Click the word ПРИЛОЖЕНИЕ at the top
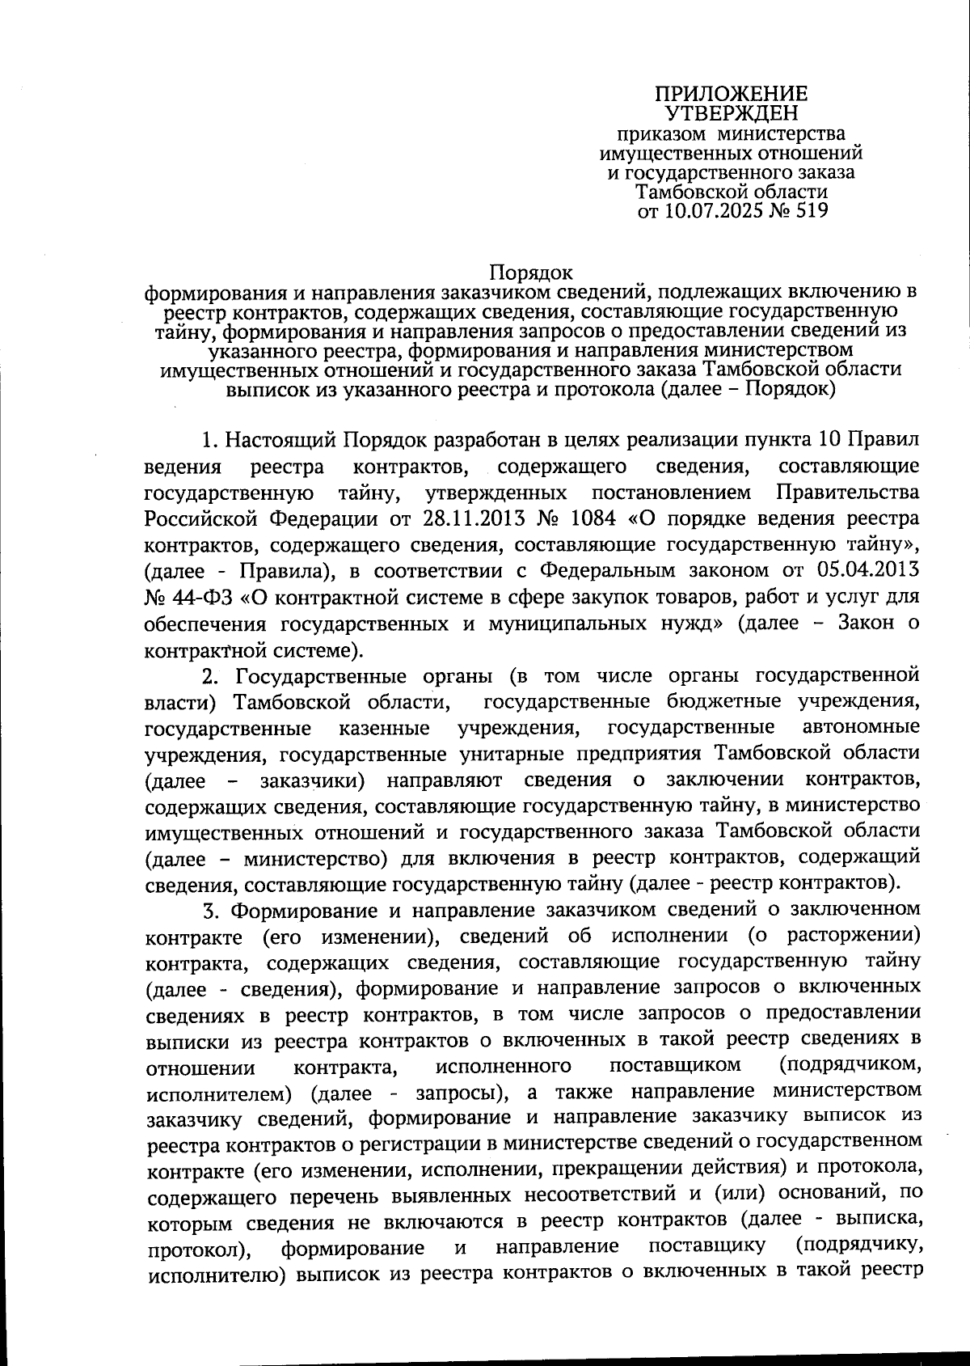(730, 94)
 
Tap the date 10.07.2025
(714, 212)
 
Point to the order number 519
(810, 212)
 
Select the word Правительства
(846, 492)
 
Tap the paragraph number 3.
(210, 911)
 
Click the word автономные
(861, 726)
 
